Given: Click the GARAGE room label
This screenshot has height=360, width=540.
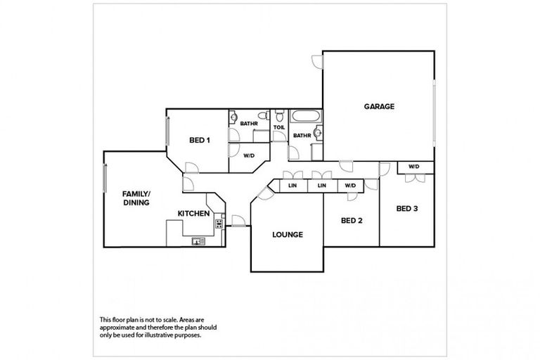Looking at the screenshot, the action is [x=379, y=106].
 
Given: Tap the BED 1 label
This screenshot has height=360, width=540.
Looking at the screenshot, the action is [x=200, y=140].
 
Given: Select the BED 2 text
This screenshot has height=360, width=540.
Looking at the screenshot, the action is [x=352, y=221].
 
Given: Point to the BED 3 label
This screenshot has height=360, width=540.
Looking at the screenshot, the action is [x=407, y=208].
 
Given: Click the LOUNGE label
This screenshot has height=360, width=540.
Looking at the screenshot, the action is [x=288, y=235].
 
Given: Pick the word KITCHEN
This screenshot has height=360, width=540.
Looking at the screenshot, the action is [x=193, y=214].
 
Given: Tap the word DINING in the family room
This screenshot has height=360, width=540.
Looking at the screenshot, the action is [x=136, y=202].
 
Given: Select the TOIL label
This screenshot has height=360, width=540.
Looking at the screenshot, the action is [x=279, y=127].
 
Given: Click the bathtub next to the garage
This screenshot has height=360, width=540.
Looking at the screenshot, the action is [x=306, y=116].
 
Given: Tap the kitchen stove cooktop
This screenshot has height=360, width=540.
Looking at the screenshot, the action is [x=219, y=224].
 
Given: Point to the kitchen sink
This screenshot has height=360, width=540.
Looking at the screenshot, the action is [x=198, y=241].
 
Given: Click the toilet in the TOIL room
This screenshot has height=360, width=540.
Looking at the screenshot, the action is [x=279, y=116].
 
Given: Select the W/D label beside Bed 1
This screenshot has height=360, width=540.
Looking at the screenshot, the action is [x=249, y=155].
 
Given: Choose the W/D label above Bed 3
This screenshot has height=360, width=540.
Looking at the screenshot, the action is [x=414, y=167].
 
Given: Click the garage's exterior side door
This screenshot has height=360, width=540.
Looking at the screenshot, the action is [x=317, y=62].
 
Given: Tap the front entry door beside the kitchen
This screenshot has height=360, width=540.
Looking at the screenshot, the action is [x=238, y=221].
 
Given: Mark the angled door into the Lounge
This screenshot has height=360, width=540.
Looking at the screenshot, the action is [x=265, y=193].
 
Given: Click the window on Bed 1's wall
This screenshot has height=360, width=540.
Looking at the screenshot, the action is [x=168, y=131].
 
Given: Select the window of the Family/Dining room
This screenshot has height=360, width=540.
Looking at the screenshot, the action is [x=105, y=178].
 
